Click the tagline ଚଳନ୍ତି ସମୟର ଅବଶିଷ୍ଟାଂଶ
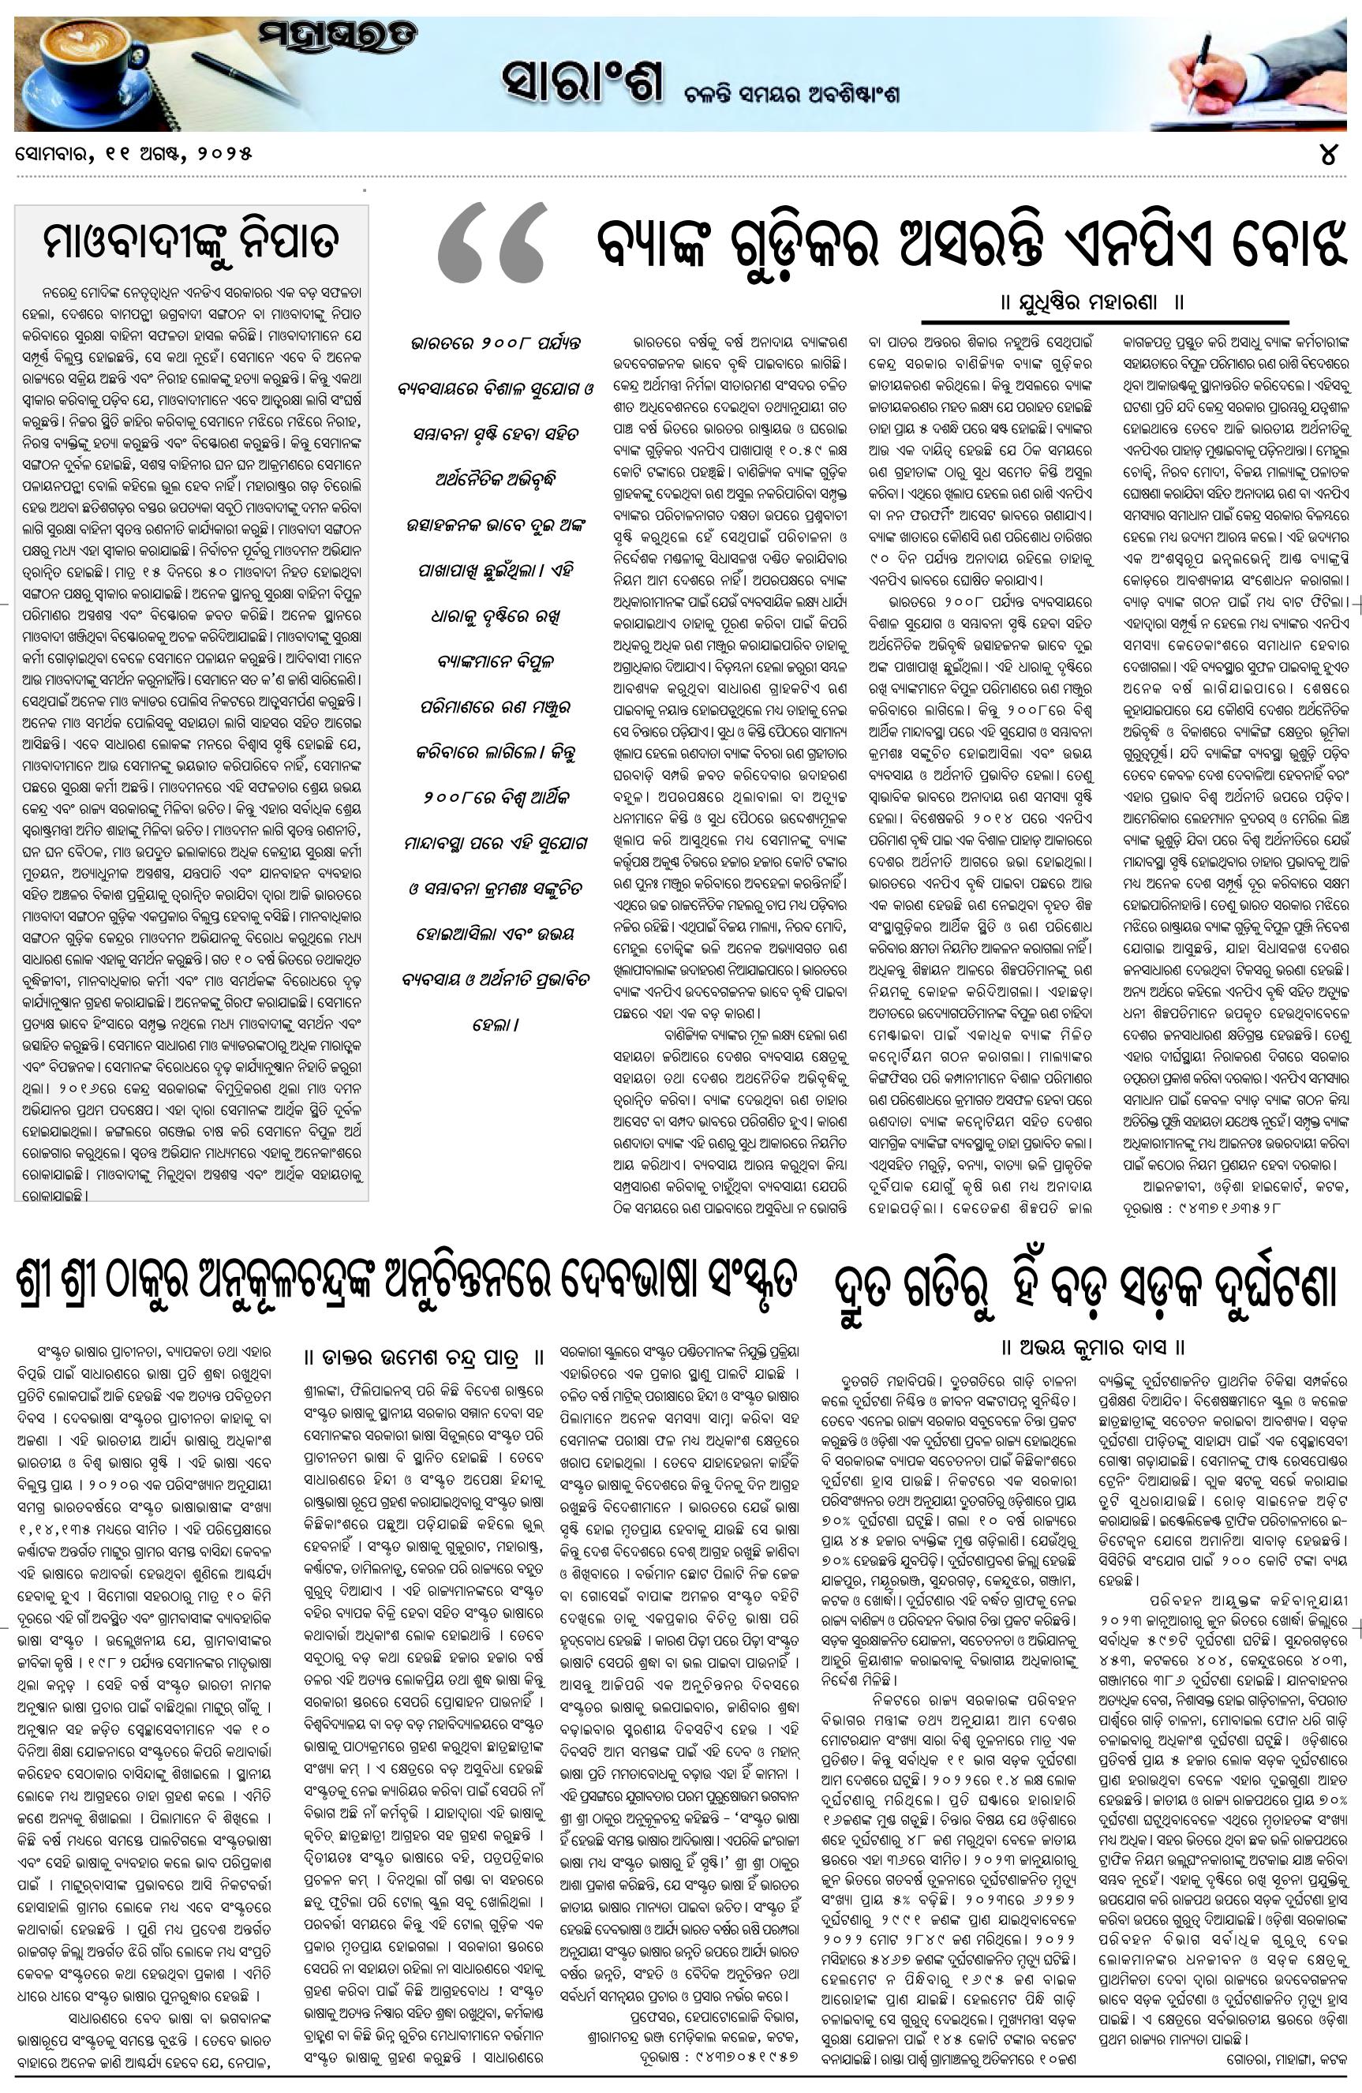click(x=791, y=94)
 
